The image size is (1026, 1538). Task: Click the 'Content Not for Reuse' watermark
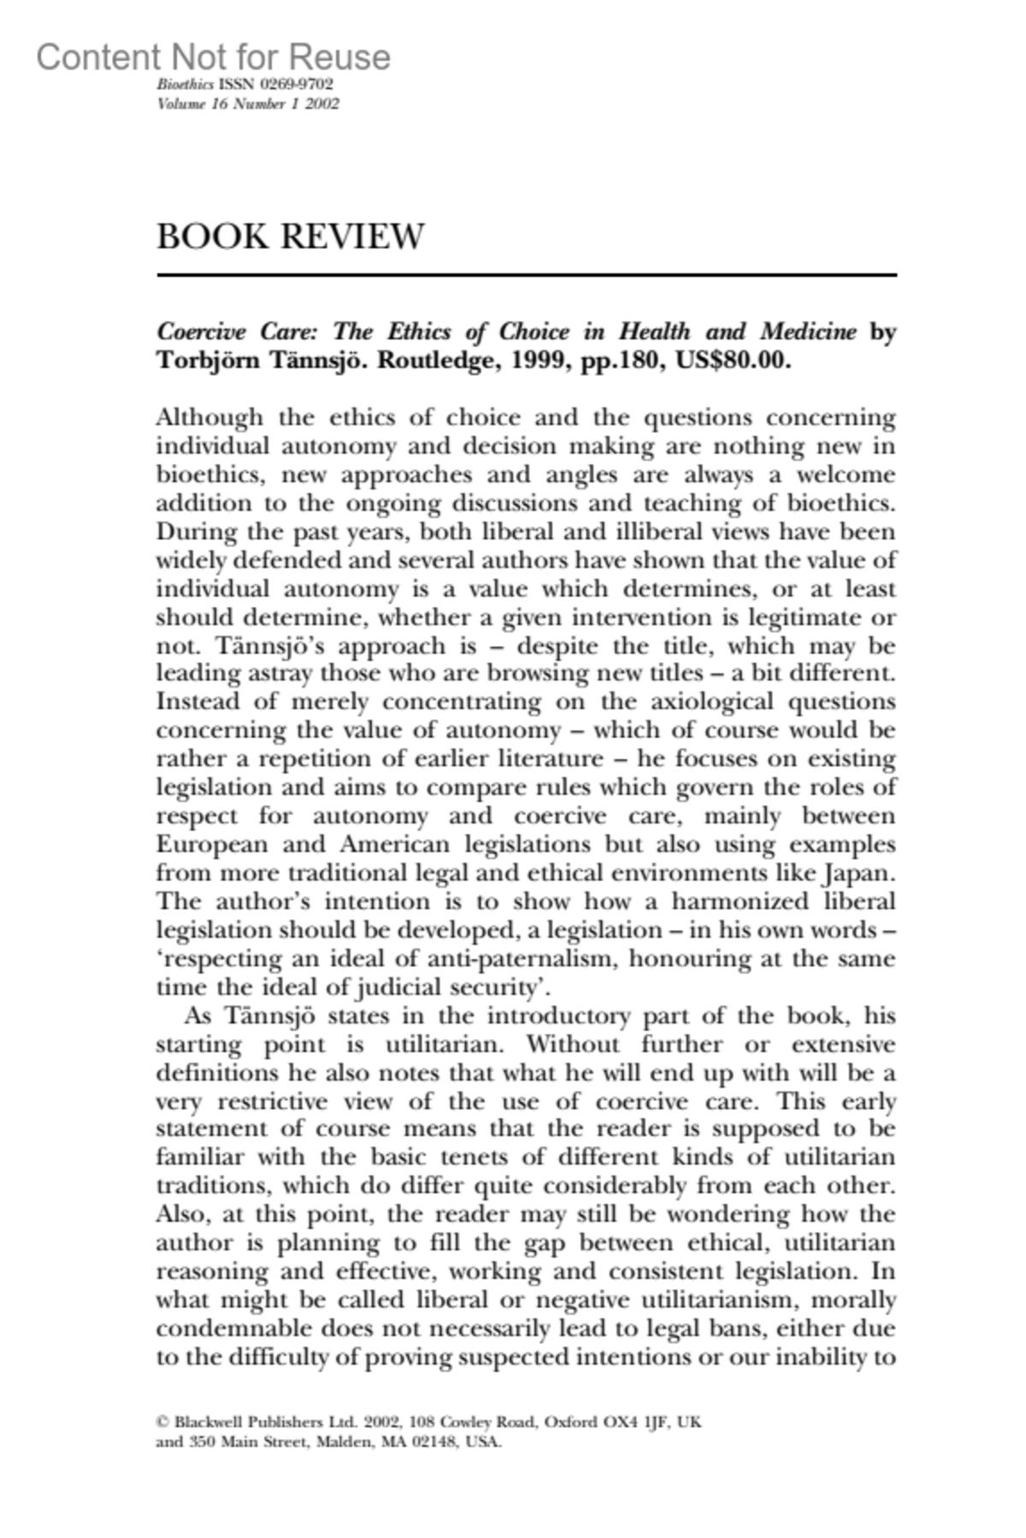pyautogui.click(x=214, y=57)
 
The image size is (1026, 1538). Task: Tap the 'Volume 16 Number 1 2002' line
pyautogui.click(x=248, y=104)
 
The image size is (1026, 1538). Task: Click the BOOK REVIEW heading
pyautogui.click(x=290, y=237)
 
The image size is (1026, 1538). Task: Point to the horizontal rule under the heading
pyautogui.click(x=526, y=275)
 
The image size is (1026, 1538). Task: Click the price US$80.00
pyautogui.click(x=733, y=360)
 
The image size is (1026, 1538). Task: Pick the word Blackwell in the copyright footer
pyautogui.click(x=209, y=1423)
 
